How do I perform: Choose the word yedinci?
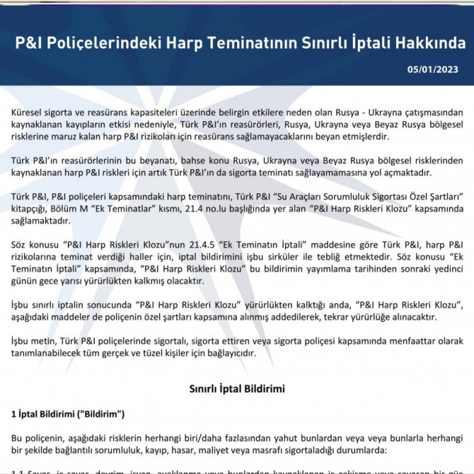[x=446, y=269]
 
